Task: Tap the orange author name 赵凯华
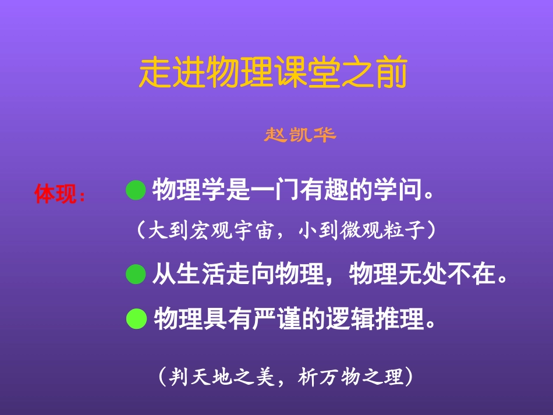click(300, 135)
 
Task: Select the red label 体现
click(55, 194)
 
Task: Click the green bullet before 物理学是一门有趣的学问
click(135, 190)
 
